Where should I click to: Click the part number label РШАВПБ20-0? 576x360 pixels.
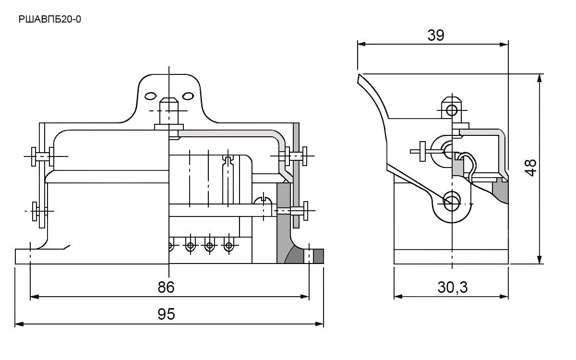[49, 19]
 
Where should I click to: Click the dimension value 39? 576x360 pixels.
[436, 35]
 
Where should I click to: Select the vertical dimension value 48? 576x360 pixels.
[530, 168]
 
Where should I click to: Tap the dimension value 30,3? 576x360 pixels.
[453, 287]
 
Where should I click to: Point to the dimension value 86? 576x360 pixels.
[166, 287]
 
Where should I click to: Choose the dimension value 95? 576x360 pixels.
[166, 314]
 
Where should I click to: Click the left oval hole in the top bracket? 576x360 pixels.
[150, 96]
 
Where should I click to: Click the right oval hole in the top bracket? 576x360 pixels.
[188, 96]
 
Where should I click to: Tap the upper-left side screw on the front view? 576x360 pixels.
[42, 156]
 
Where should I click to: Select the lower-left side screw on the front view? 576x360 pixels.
[40, 211]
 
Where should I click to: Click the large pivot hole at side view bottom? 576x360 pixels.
[452, 201]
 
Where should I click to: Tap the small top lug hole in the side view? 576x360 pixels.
[452, 111]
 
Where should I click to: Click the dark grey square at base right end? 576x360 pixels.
[319, 256]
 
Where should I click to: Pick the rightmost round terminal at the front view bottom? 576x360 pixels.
[229, 246]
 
